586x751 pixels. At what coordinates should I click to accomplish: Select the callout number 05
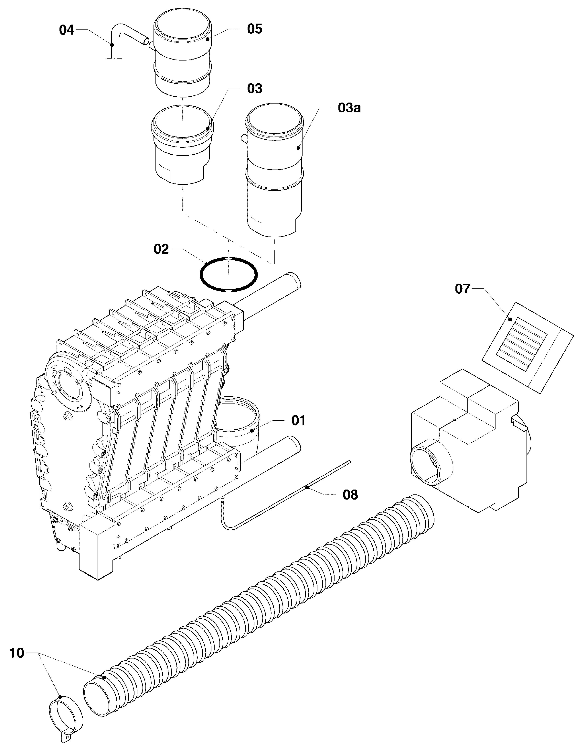[254, 29]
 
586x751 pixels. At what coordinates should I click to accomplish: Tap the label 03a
[349, 108]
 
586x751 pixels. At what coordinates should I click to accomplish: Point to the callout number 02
[161, 249]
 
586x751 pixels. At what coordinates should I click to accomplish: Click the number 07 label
[462, 289]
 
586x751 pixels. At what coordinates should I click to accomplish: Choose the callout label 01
[298, 420]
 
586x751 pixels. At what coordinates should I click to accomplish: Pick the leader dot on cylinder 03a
[298, 148]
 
